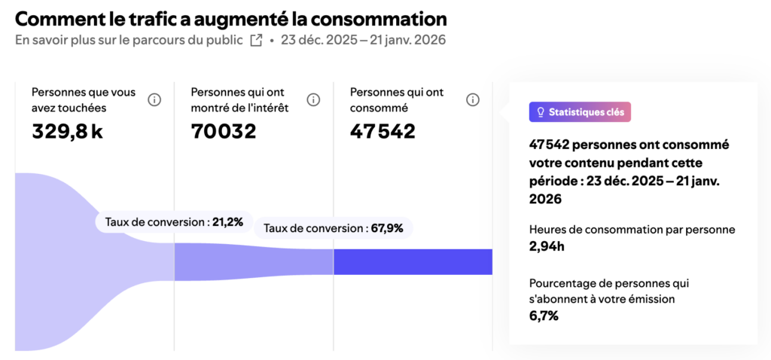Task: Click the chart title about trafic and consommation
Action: [230, 18]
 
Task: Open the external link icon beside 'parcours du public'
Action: [256, 40]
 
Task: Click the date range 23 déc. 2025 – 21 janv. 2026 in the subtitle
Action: [363, 40]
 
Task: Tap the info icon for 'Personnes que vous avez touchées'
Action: [154, 100]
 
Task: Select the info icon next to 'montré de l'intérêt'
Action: [313, 100]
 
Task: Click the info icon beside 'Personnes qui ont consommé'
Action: [473, 100]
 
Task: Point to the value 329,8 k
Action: [67, 132]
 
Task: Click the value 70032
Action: [224, 132]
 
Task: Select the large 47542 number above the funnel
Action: [382, 132]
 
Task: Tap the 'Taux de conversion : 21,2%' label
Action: [174, 221]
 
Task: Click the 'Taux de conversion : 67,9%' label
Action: [334, 227]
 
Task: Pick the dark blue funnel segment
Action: [413, 262]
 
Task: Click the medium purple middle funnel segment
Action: [254, 262]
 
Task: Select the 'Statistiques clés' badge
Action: [580, 112]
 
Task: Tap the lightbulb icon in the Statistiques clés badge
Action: [540, 112]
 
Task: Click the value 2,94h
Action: [547, 246]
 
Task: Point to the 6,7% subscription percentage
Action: [544, 316]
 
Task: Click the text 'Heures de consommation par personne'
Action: [632, 230]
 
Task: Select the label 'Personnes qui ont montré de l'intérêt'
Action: [239, 100]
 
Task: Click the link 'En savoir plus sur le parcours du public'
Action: [129, 40]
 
